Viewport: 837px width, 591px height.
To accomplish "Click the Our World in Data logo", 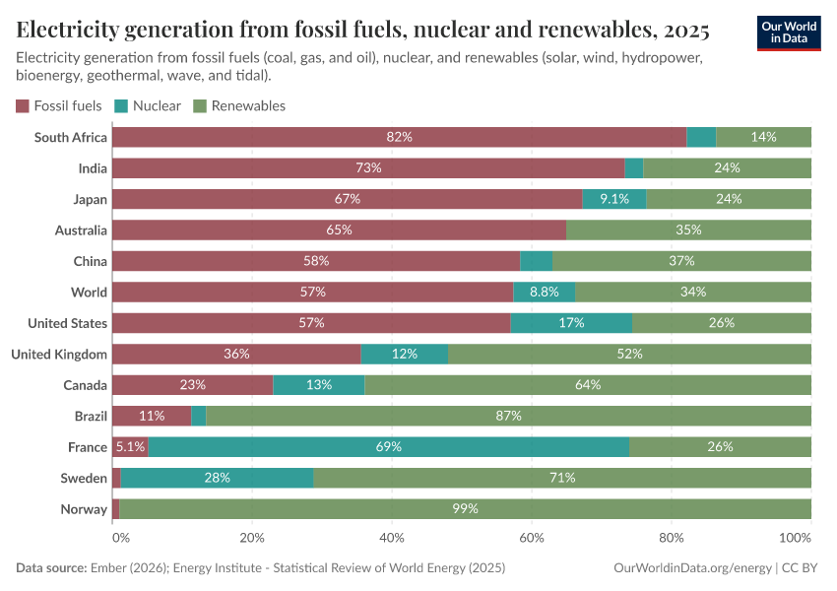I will coord(788,32).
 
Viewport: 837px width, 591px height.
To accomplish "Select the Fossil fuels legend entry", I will coord(58,105).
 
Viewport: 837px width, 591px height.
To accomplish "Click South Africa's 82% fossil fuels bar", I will coord(399,137).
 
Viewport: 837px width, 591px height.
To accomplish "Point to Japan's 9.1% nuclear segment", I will coord(613,199).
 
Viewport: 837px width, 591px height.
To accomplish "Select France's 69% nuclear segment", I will coord(389,447).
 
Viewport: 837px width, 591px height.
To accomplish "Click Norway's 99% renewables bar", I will coord(465,509).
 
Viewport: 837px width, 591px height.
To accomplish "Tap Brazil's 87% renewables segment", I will coord(508,416).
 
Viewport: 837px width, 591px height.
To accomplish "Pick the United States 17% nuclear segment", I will coord(571,323).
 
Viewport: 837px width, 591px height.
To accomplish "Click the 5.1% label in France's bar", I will coord(130,447).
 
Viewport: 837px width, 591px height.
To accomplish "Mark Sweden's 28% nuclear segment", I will coord(217,478).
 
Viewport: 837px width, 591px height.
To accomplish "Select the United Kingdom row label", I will coord(59,354).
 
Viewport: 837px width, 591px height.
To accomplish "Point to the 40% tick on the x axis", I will coord(392,539).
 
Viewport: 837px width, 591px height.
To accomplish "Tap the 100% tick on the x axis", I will coord(795,539).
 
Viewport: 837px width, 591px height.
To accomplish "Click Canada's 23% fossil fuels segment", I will coord(192,385).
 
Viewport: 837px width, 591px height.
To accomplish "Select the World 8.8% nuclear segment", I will coord(545,292).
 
